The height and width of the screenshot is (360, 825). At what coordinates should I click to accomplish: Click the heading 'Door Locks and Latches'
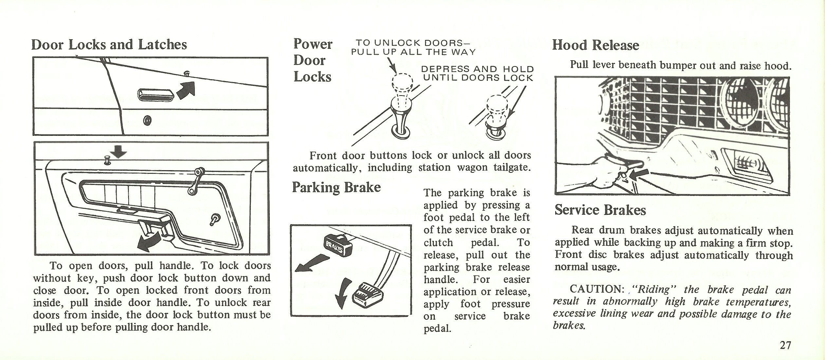[x=109, y=45]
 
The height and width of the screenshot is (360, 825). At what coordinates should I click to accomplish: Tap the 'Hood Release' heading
[x=595, y=45]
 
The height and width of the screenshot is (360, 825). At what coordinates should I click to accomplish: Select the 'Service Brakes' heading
[x=600, y=210]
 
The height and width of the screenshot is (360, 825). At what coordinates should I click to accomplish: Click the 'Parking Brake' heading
[x=336, y=188]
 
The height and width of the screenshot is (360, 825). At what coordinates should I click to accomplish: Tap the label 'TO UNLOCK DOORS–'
[x=412, y=43]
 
